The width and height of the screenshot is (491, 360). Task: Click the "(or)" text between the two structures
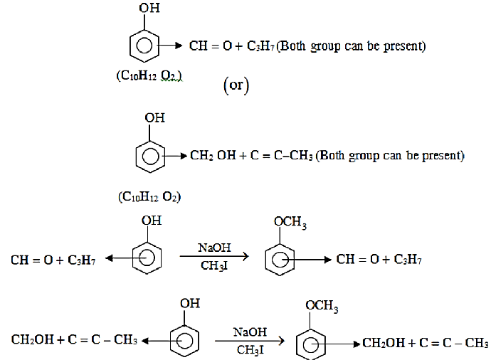coord(236,85)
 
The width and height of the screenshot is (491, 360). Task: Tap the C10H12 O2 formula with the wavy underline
coord(149,75)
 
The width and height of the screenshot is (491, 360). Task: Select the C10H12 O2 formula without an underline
coord(149,197)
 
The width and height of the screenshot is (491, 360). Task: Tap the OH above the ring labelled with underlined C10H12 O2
coord(149,8)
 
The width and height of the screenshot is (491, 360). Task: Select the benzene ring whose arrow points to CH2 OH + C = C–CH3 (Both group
coord(150,157)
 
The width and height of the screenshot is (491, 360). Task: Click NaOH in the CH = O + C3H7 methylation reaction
coord(214,248)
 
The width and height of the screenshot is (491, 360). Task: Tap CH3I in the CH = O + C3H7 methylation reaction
coord(214,266)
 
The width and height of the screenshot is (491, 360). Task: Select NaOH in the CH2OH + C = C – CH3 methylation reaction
coord(250,332)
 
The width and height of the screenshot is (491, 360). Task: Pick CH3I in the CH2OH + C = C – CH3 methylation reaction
coord(250,349)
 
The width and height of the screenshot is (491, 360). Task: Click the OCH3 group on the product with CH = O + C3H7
coord(290,223)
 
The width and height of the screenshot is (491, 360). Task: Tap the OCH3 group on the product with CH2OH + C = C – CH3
coord(322,307)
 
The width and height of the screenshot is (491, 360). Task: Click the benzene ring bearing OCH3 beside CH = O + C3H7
coord(280,260)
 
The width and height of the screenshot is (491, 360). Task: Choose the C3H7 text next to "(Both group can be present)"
coord(260,46)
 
